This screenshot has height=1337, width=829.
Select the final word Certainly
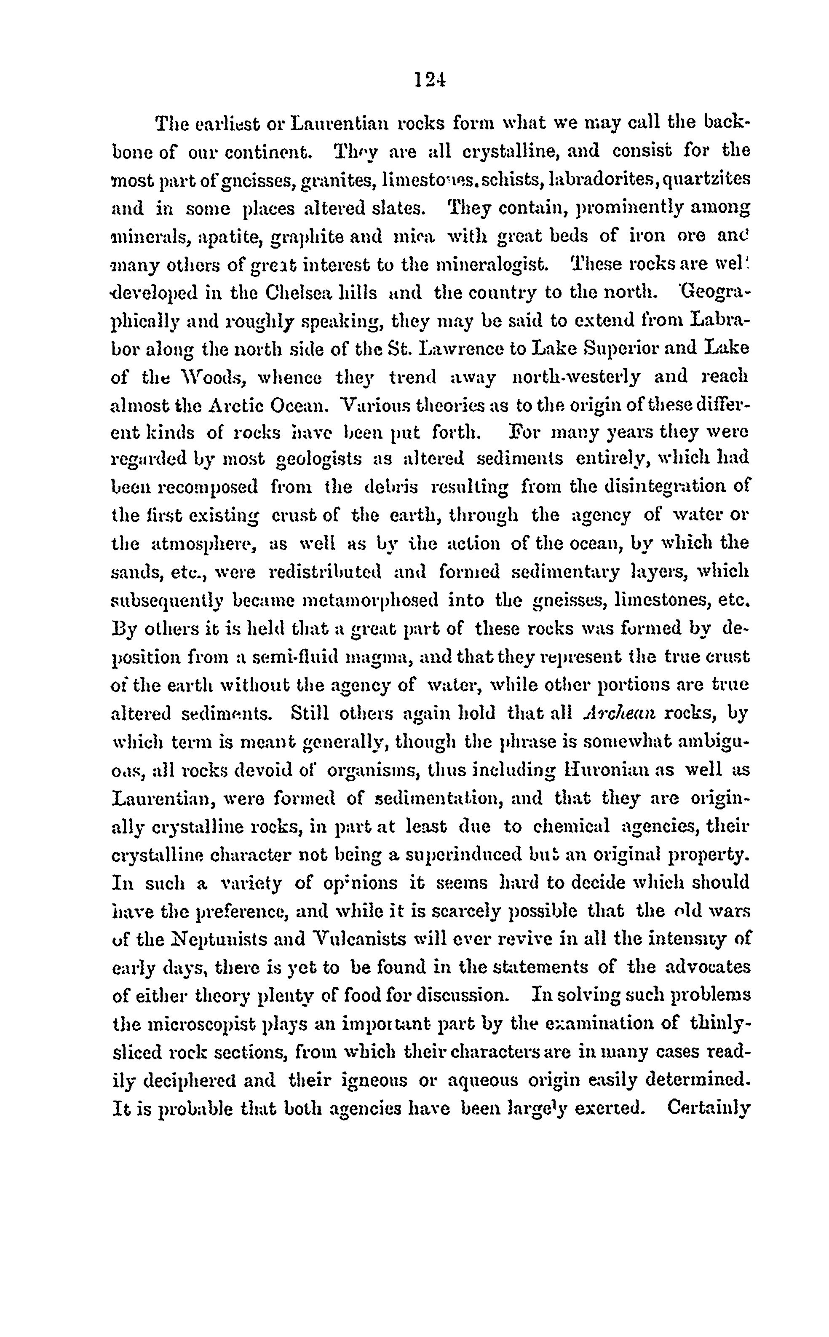709,1108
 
